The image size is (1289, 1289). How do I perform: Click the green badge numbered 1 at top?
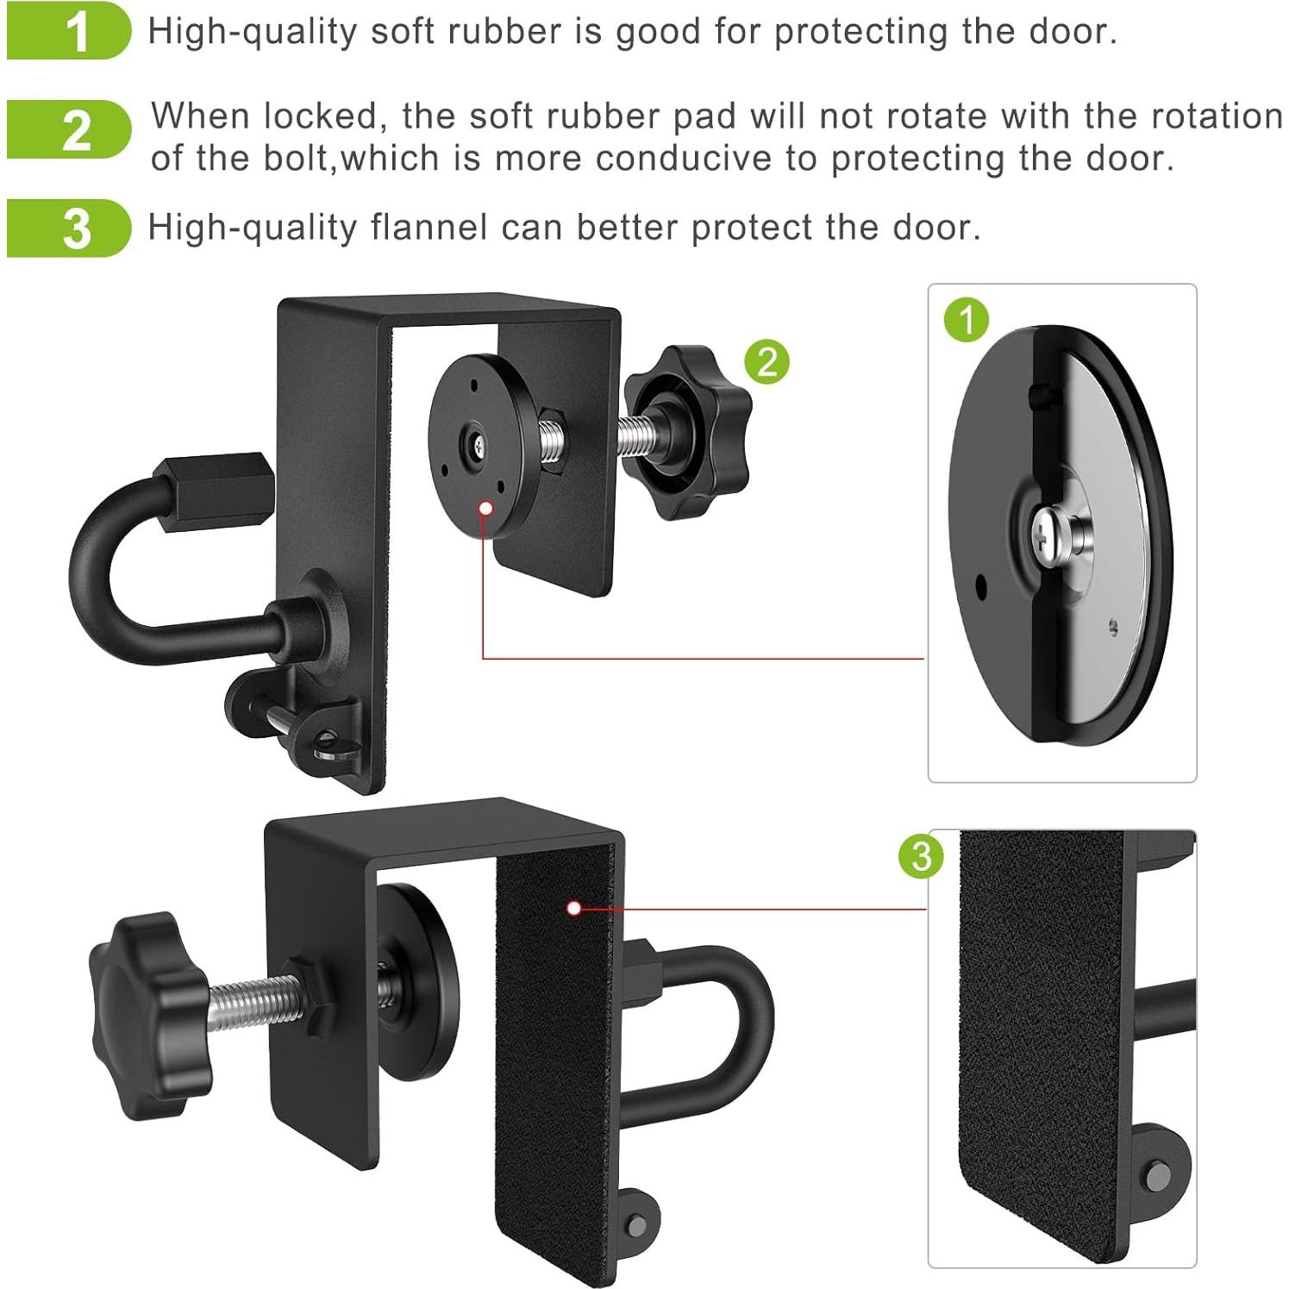pyautogui.click(x=69, y=31)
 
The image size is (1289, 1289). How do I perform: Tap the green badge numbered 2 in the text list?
pyautogui.click(x=69, y=129)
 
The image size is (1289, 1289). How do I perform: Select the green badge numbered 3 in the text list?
pyautogui.click(x=69, y=228)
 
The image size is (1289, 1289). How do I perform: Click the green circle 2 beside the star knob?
pyautogui.click(x=767, y=361)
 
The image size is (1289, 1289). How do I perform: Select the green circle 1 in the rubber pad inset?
pyautogui.click(x=967, y=320)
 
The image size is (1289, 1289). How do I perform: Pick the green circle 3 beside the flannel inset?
pyautogui.click(x=921, y=856)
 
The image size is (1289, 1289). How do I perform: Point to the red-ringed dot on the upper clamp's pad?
pyautogui.click(x=485, y=508)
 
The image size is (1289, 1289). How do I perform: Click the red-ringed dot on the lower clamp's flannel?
pyautogui.click(x=574, y=908)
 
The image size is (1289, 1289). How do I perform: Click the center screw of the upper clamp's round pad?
pyautogui.click(x=475, y=446)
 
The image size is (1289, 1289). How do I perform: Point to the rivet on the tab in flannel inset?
pyautogui.click(x=1158, y=1176)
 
